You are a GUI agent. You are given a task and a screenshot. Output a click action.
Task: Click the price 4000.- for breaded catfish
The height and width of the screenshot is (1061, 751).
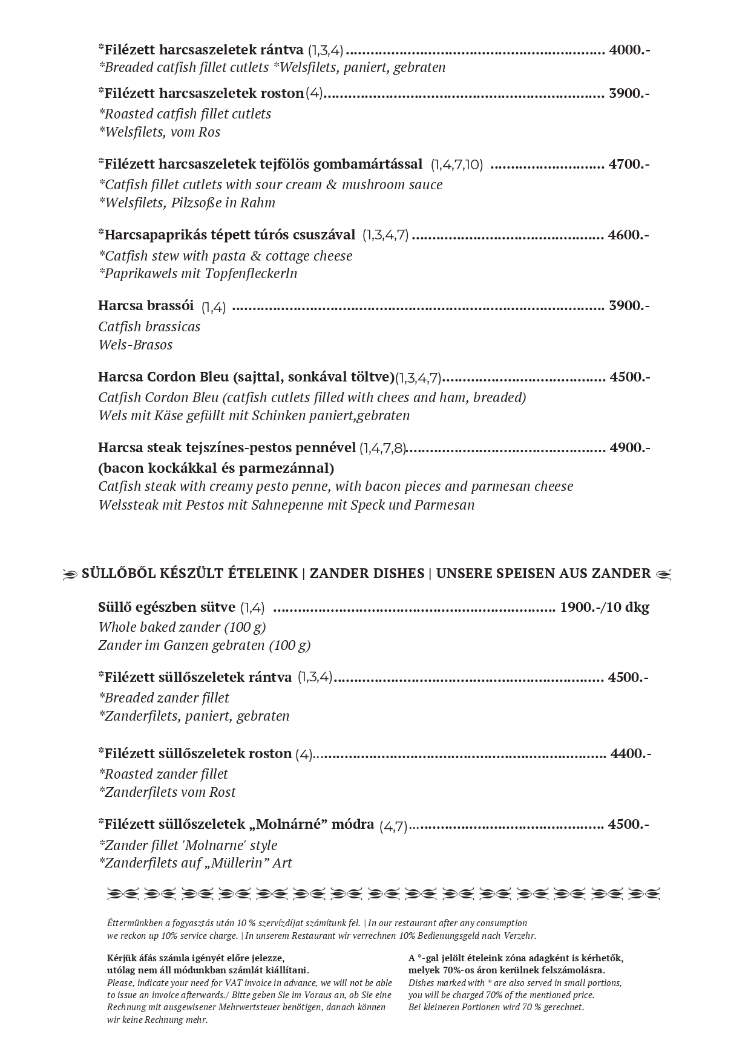point(629,50)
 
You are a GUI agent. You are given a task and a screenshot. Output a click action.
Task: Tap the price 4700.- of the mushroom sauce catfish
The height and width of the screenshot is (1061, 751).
point(629,164)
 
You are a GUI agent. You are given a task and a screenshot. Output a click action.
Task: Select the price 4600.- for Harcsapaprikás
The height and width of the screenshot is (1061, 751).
point(629,235)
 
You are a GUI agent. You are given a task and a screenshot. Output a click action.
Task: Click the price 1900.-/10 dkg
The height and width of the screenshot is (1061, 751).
point(605,608)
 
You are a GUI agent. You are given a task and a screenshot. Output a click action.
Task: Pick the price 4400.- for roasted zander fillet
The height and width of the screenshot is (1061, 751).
point(631,753)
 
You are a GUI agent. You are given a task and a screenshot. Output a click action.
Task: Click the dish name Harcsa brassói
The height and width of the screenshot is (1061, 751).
point(146,305)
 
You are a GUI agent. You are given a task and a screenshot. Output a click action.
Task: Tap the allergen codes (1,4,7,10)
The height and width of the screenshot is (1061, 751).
point(457,164)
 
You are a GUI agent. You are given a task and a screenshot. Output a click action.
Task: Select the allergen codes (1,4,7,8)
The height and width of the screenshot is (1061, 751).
point(382,449)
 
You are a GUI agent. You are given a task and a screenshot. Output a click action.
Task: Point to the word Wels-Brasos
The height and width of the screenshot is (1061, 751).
point(136,345)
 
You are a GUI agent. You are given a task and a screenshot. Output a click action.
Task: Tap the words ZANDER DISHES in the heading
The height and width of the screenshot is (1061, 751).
point(367,573)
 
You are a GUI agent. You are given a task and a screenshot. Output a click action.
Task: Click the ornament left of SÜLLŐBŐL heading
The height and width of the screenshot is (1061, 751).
point(71,574)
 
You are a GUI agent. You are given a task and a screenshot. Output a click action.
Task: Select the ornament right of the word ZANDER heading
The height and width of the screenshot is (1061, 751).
point(663,574)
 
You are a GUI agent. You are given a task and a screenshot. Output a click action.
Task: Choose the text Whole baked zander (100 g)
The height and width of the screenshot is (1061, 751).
point(182,627)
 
